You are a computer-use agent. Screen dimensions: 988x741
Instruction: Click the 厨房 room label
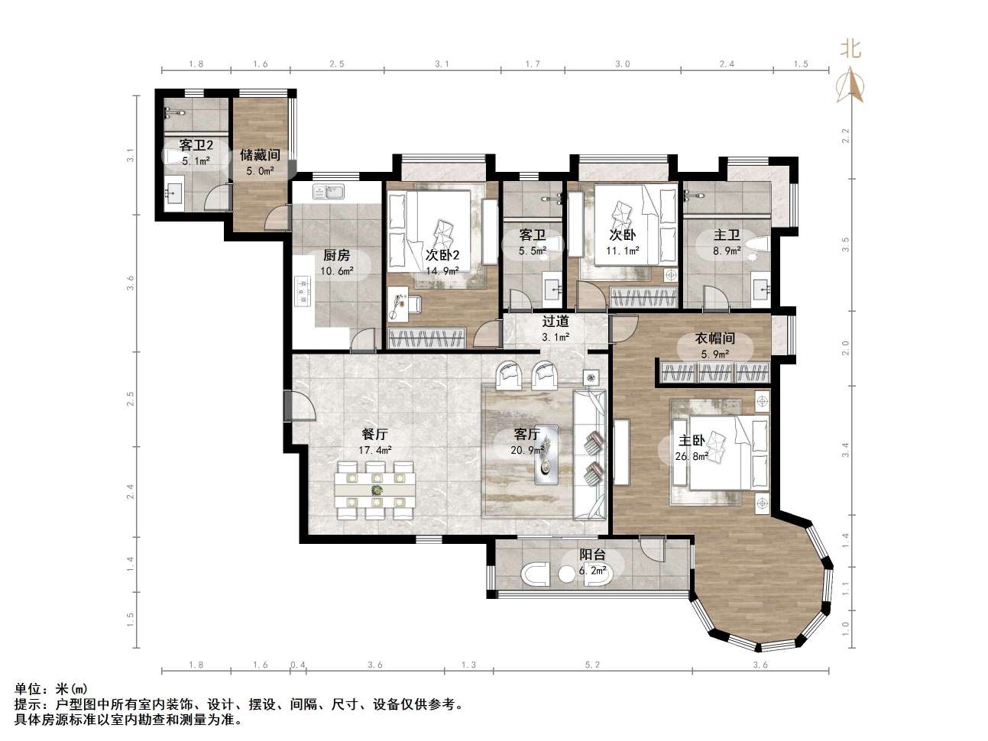point(336,256)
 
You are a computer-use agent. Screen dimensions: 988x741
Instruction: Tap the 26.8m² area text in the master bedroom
point(692,457)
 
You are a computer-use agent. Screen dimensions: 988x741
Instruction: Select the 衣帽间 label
point(715,338)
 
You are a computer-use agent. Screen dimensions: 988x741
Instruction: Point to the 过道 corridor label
point(556,322)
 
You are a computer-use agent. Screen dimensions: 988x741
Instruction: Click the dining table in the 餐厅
point(374,490)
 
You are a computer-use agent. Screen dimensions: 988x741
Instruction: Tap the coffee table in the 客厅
point(546,455)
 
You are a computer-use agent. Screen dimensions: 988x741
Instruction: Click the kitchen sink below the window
point(329,192)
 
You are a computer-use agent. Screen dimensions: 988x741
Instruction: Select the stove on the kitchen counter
point(303,290)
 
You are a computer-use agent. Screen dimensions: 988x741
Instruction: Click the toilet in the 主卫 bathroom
point(756,244)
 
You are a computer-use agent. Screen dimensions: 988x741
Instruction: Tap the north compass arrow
point(850,85)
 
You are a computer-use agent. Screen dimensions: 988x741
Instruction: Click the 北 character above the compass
point(850,48)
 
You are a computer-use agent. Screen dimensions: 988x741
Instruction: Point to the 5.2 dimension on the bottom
point(592,665)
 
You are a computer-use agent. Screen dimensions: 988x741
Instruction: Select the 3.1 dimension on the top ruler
point(442,64)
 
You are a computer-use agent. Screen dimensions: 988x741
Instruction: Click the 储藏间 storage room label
point(260,155)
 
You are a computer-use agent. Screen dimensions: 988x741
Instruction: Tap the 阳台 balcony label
point(592,555)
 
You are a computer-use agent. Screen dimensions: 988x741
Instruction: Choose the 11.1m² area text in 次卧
point(623,251)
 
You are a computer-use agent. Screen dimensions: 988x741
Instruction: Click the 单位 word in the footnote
point(28,689)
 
